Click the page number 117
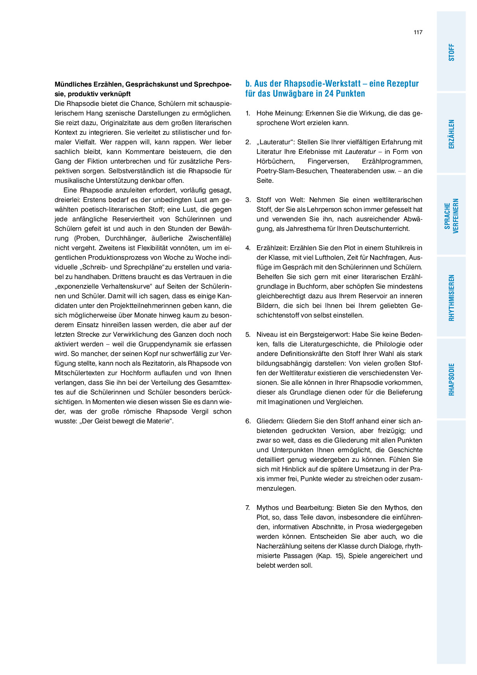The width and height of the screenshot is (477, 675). pos(418,32)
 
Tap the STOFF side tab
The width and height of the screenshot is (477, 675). pos(451,52)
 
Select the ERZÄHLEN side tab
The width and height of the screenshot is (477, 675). pos(451,134)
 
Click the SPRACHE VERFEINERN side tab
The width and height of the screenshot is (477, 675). pos(451,216)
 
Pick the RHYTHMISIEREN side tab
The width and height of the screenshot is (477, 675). pos(451,297)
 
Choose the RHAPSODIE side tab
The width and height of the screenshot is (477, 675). pos(451,379)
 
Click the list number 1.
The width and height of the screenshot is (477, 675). pos(248,114)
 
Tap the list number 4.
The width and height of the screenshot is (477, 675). pos(248,248)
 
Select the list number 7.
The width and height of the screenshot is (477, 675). pos(248,508)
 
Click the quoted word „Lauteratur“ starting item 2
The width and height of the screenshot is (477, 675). pos(275,142)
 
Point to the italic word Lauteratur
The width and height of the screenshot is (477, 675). pos(360,152)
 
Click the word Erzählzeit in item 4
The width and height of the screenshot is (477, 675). pos(272,248)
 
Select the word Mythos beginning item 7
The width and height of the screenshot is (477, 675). pos(267,508)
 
